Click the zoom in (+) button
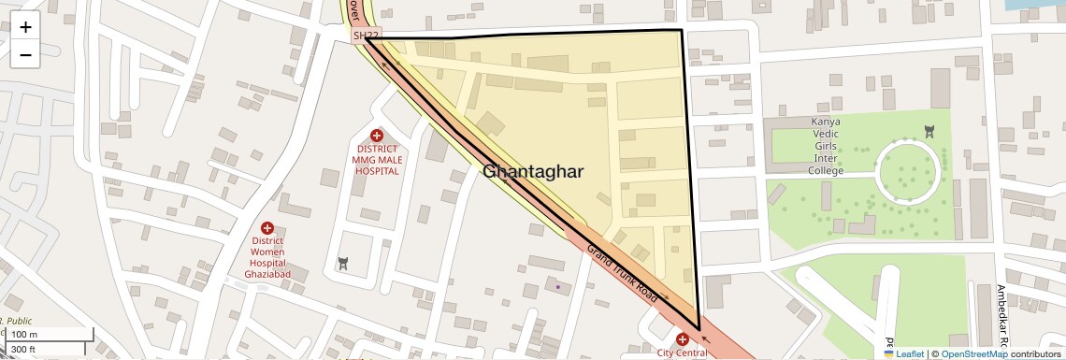pyautogui.click(x=25, y=26)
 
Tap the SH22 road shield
pyautogui.click(x=367, y=36)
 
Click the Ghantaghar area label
pyautogui.click(x=533, y=171)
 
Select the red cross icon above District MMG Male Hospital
pyautogui.click(x=377, y=137)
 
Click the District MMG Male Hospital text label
pyautogui.click(x=376, y=160)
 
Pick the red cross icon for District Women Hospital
pyautogui.click(x=267, y=227)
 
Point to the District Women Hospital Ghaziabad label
pyautogui.click(x=267, y=251)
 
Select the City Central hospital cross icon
pyautogui.click(x=682, y=338)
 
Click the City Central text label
pyautogui.click(x=682, y=353)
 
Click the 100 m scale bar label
pyautogui.click(x=25, y=335)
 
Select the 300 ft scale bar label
pyautogui.click(x=23, y=350)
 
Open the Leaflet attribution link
pyautogui.click(x=903, y=353)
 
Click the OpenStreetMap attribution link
pyautogui.click(x=973, y=353)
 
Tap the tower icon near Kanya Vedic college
pyautogui.click(x=929, y=131)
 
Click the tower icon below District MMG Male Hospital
pyautogui.click(x=343, y=265)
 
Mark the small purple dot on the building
pyautogui.click(x=558, y=287)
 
